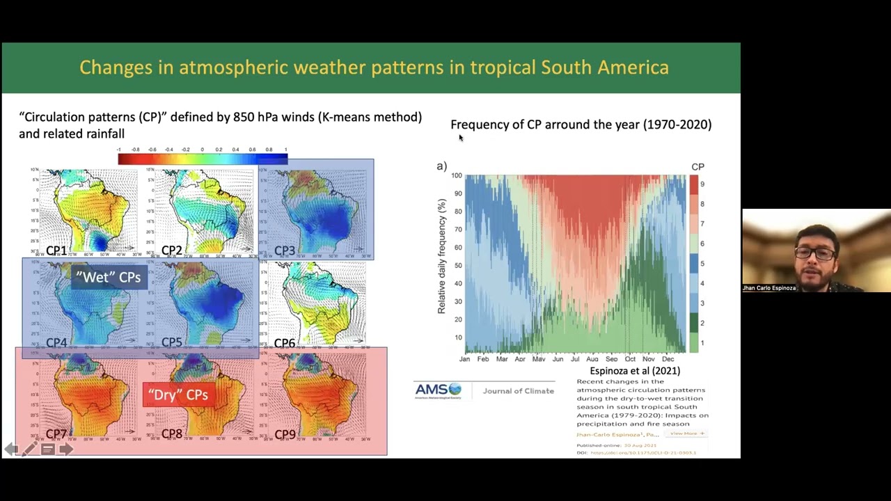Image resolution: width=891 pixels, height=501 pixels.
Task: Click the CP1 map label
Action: click(x=56, y=250)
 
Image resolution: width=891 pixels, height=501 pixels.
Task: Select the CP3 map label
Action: click(x=284, y=250)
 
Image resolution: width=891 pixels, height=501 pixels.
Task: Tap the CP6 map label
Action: click(x=284, y=343)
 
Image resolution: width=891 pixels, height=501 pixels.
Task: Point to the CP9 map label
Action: click(x=284, y=434)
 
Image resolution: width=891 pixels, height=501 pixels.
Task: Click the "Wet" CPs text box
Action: click(x=109, y=277)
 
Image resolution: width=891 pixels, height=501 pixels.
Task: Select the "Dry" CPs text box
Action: click(x=178, y=395)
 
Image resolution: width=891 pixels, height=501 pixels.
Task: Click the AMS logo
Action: click(x=438, y=390)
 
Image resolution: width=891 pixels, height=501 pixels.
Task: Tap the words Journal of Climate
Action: click(x=518, y=391)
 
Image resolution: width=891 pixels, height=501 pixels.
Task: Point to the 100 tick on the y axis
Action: click(x=456, y=175)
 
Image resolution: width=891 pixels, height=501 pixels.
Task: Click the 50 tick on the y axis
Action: click(x=458, y=265)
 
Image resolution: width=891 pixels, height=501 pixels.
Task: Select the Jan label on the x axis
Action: click(x=464, y=359)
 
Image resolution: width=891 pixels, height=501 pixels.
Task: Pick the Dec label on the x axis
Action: click(x=668, y=359)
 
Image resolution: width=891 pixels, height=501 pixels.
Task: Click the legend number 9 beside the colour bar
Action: click(x=702, y=184)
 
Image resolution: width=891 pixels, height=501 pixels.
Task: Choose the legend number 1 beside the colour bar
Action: click(x=702, y=342)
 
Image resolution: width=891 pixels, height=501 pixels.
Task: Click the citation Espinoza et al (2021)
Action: click(x=635, y=371)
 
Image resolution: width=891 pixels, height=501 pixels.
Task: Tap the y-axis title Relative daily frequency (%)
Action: click(x=441, y=255)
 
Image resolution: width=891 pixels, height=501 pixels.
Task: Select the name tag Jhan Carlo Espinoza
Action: click(x=768, y=287)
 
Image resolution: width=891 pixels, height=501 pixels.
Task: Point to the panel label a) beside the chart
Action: click(x=441, y=166)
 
